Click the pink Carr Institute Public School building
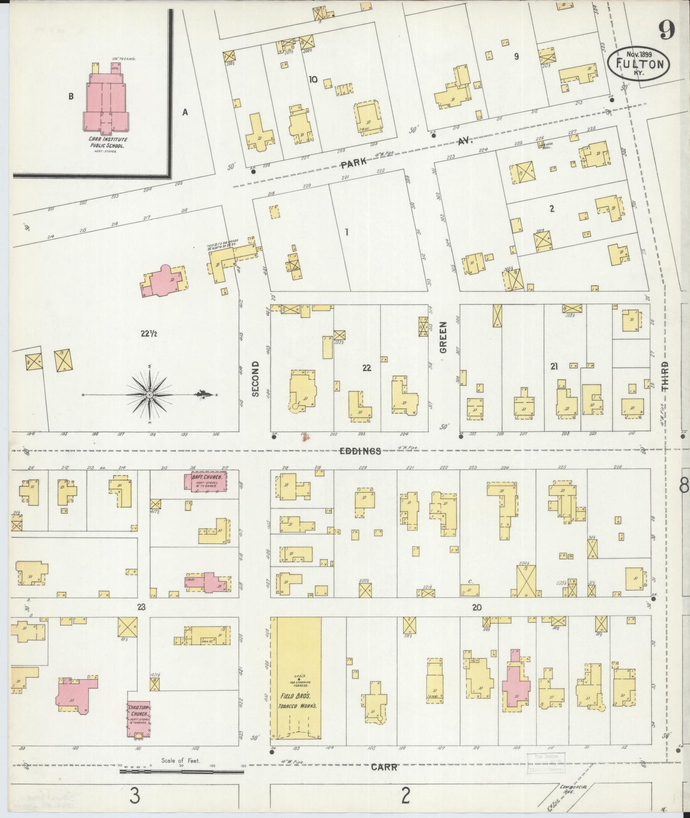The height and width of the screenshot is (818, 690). coord(107,103)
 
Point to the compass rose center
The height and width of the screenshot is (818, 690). coord(149,395)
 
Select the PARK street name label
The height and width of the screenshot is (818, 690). coord(354,162)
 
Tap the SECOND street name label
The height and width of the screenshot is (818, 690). coord(255,379)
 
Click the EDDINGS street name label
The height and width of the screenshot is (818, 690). coord(361,451)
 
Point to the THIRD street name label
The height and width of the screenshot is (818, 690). coord(665,377)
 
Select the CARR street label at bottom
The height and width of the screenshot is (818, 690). coord(384,767)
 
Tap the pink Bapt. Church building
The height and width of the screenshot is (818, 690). coord(205,481)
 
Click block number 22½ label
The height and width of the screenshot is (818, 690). coord(149,334)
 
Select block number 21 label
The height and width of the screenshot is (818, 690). coord(554,367)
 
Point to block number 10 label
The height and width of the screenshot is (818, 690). coord(313,79)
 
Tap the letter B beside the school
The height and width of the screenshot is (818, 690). coord(71,96)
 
